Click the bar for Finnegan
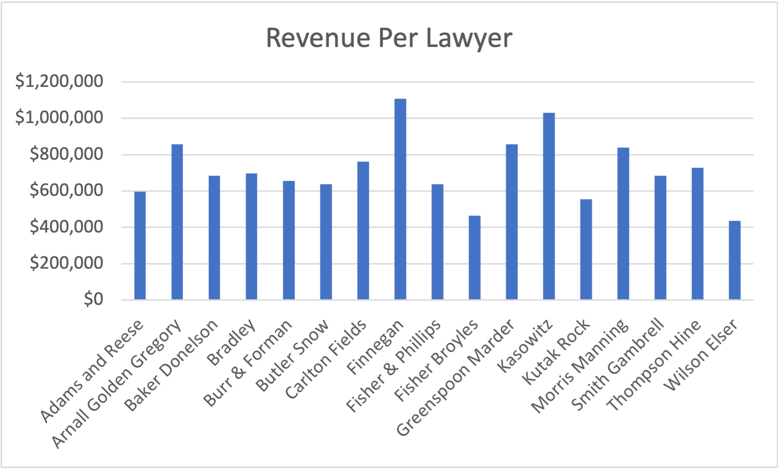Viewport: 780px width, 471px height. tap(400, 199)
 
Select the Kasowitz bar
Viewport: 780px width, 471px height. tap(549, 206)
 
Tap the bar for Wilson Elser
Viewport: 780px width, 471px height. tap(734, 260)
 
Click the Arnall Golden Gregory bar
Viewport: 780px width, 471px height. tap(177, 222)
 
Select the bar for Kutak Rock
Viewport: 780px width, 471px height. tap(586, 249)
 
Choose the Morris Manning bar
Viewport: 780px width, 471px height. tap(623, 224)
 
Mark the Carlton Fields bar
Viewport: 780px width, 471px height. tap(363, 231)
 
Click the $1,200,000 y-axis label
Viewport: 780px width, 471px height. tap(59, 81)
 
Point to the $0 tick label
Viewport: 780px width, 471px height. tap(93, 299)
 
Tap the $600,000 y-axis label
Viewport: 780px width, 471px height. tap(66, 190)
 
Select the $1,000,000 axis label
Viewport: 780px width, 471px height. tap(59, 117)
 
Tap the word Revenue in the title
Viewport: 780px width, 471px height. tap(318, 38)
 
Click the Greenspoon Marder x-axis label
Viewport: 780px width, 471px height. tap(455, 378)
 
